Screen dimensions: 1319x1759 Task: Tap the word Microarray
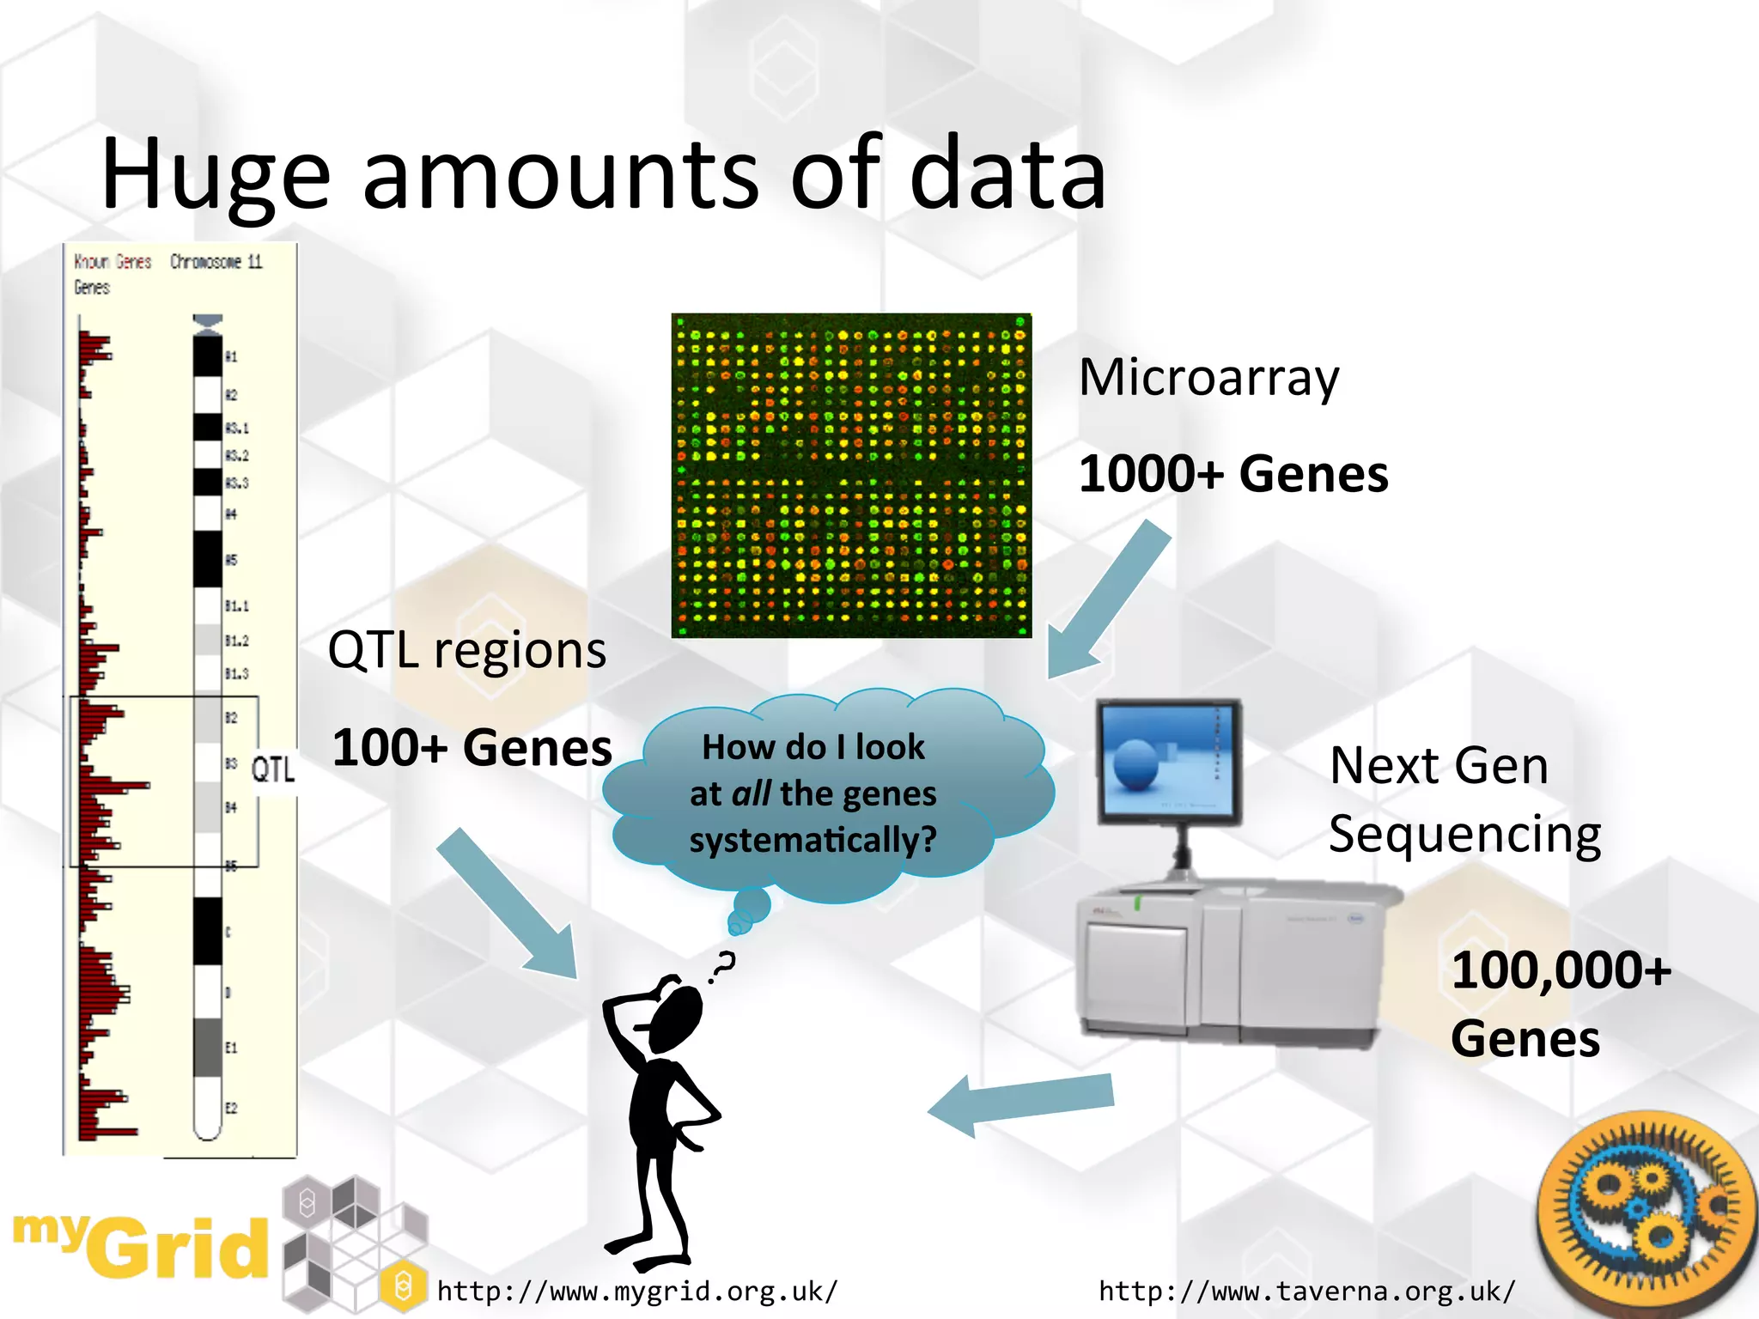[x=1208, y=379]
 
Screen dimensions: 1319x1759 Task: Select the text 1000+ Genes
[x=1233, y=474]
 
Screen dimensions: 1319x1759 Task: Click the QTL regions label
[x=466, y=650]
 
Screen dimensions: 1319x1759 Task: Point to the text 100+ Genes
[x=472, y=748]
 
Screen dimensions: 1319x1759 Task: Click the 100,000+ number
[x=1561, y=971]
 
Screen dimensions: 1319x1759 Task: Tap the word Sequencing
[x=1464, y=835]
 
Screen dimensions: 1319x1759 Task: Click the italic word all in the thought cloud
[x=750, y=793]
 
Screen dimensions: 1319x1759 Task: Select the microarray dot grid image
[x=850, y=475]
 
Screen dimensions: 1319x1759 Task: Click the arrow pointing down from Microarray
[x=1108, y=601]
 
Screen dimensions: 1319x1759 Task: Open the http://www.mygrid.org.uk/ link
[x=636, y=1292]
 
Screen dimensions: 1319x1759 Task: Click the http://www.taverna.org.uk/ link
[x=1306, y=1292]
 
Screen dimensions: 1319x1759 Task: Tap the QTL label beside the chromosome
[x=272, y=769]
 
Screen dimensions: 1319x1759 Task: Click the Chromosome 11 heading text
[x=216, y=261]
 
